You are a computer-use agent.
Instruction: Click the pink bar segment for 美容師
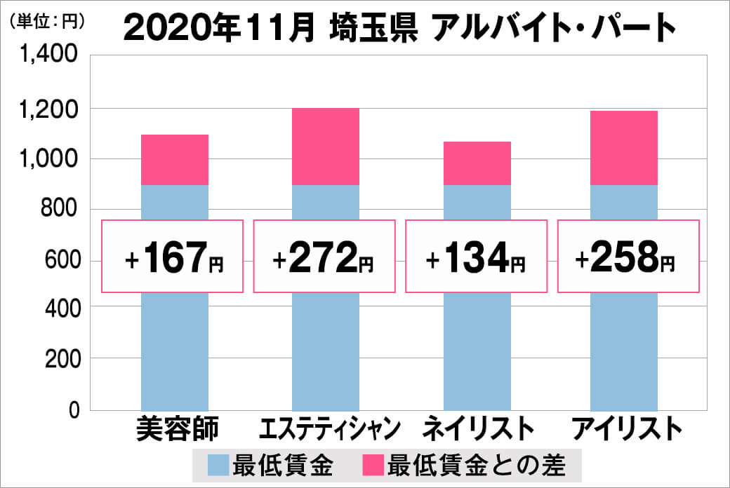(x=175, y=160)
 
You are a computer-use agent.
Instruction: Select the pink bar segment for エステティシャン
(x=325, y=147)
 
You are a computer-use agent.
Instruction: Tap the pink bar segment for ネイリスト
(x=477, y=163)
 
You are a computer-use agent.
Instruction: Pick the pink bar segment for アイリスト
(x=624, y=148)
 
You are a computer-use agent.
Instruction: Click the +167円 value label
(x=173, y=257)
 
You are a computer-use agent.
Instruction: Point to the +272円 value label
(x=324, y=257)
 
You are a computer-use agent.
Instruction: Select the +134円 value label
(x=476, y=257)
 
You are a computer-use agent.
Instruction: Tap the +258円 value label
(x=628, y=257)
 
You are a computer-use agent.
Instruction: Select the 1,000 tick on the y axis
(x=50, y=159)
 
